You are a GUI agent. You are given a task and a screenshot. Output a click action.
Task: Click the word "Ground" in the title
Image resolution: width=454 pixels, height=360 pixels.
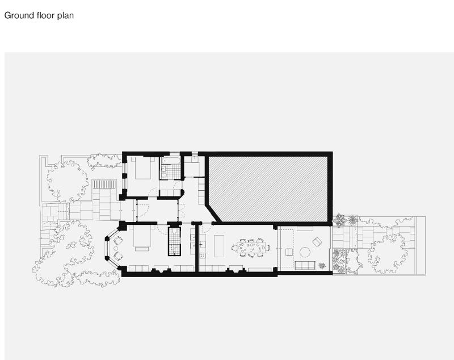pos(19,15)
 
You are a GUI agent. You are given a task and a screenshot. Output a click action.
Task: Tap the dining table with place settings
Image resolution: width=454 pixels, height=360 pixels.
pos(251,248)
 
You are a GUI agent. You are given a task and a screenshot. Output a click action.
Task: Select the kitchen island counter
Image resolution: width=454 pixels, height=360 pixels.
pos(219,246)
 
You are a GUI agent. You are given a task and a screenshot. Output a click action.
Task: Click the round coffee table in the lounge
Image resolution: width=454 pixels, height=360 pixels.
pos(305,252)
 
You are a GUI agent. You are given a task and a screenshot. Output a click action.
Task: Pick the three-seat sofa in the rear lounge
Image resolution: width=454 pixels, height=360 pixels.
pos(305,265)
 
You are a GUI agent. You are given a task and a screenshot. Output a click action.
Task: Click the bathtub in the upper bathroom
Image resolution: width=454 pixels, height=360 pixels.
pos(171,161)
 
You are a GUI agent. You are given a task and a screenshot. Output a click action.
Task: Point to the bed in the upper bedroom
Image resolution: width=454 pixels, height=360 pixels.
pos(143,168)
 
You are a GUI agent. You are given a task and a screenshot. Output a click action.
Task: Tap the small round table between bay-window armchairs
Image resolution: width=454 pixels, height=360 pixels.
pos(116,249)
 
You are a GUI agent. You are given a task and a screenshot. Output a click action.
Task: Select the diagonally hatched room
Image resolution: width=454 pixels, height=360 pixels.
pos(268,189)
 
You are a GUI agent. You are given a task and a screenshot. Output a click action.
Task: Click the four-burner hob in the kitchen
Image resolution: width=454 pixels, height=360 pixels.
pos(203,256)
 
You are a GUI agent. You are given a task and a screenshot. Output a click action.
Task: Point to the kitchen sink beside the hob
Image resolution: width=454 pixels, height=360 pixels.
pos(203,245)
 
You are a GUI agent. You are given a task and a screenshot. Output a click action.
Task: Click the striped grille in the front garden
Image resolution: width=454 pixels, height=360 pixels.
pos(104,184)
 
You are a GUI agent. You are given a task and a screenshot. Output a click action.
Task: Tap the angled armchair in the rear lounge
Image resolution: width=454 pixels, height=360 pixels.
pos(317,242)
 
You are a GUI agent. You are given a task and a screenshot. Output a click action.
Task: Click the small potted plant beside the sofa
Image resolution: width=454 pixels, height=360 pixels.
pos(322,265)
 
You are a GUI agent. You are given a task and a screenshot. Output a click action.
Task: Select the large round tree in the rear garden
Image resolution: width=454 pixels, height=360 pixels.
pos(386,254)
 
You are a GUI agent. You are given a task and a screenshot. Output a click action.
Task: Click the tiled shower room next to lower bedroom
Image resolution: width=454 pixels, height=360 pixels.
pos(174,241)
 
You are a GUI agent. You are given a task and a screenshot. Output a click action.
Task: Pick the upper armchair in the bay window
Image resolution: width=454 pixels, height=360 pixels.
pos(118,240)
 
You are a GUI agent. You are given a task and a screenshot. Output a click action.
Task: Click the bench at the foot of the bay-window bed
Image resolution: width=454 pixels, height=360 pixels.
pos(142,249)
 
